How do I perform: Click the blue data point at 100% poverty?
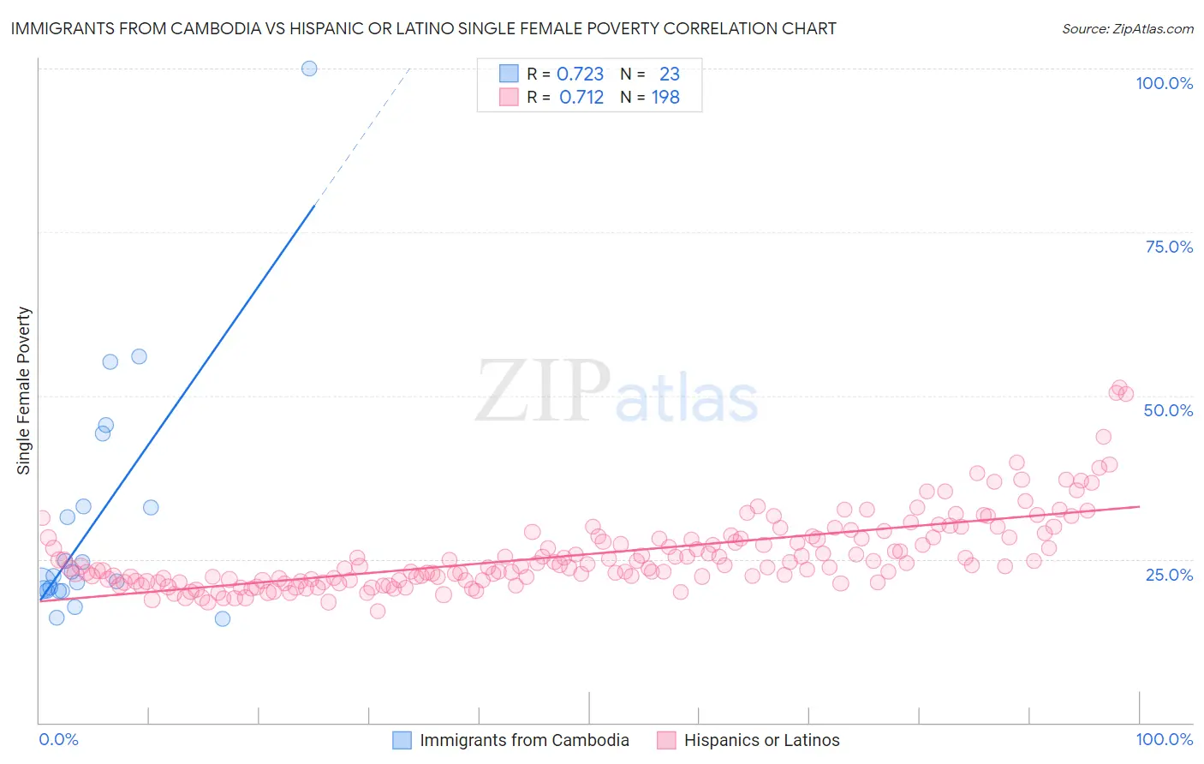coord(309,69)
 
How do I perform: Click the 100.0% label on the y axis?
coord(1164,83)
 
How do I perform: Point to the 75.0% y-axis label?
coord(1169,247)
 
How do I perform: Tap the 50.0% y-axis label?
coord(1168,410)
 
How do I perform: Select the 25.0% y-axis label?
coord(1169,574)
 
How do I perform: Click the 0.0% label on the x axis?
coord(58,739)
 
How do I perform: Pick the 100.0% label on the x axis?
coord(1164,739)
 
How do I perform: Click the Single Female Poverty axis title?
coord(24,391)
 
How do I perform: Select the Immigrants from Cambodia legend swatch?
coord(402,740)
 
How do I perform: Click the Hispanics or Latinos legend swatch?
coord(666,740)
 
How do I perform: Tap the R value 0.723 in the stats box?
coord(580,75)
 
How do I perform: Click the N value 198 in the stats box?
coord(665,98)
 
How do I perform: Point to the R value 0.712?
coord(581,98)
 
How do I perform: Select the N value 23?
coord(669,75)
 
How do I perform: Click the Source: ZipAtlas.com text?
coord(1127,29)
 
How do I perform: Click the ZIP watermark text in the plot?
coord(542,391)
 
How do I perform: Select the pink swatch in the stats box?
coord(509,97)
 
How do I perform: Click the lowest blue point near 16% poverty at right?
coord(223,618)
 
